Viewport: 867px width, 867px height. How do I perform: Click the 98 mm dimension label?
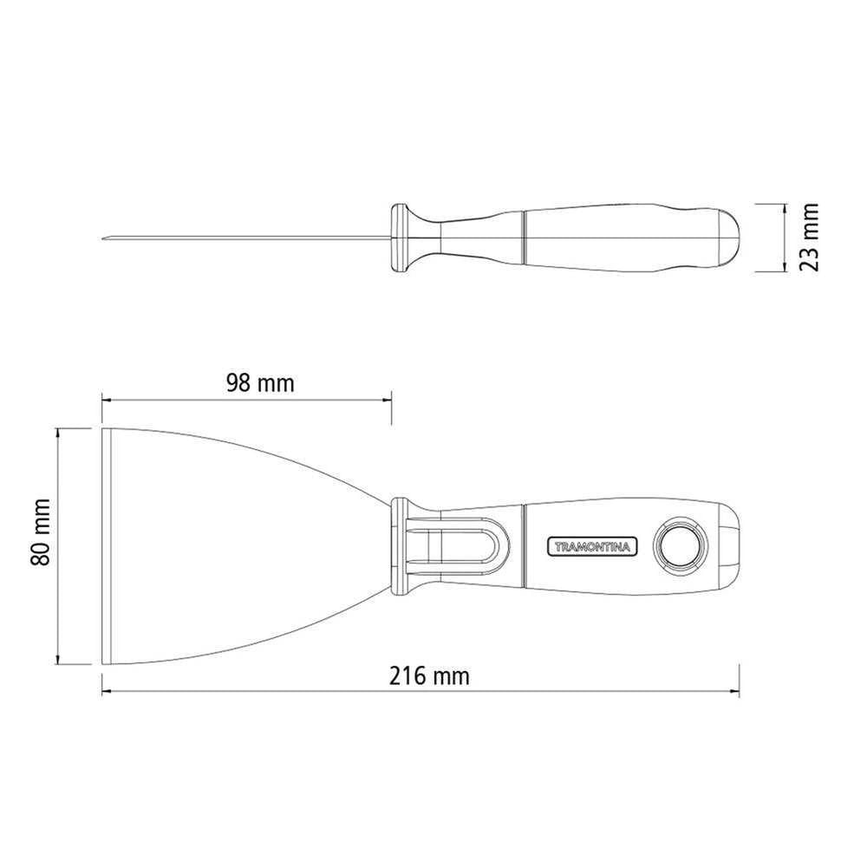(x=260, y=382)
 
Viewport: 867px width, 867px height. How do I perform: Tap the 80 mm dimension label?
(x=41, y=532)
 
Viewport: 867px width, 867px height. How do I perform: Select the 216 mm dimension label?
(x=430, y=675)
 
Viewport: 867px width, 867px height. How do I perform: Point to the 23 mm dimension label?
(x=809, y=236)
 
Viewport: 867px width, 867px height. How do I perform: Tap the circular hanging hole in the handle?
(x=680, y=544)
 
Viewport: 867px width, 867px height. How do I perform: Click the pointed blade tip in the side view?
(x=104, y=238)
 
